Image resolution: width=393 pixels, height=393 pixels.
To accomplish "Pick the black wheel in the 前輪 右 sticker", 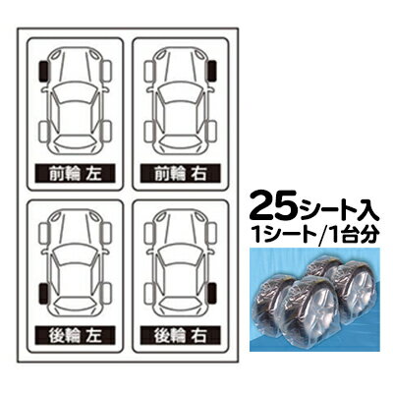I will [x=211, y=72].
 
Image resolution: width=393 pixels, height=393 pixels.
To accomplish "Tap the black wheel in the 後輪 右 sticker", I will [x=211, y=290].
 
